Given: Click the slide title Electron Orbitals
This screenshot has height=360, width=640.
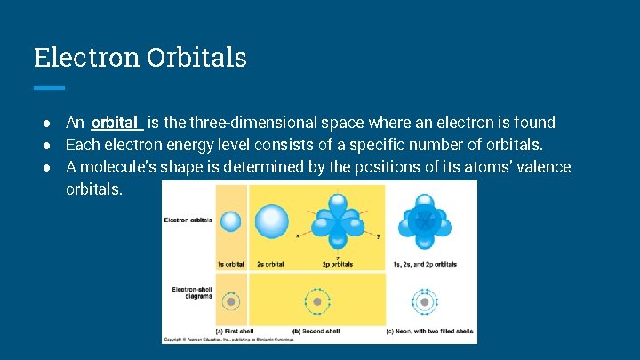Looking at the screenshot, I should pyautogui.click(x=140, y=58).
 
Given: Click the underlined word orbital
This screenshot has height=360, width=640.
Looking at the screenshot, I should pyautogui.click(x=115, y=123).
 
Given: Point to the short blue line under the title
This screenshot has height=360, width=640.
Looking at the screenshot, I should pyautogui.click(x=49, y=87).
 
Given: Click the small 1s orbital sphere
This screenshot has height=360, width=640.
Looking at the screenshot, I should pyautogui.click(x=231, y=221).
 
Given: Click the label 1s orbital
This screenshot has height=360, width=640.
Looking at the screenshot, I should pyautogui.click(x=232, y=265).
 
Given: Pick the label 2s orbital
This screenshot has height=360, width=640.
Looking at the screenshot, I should pyautogui.click(x=272, y=265).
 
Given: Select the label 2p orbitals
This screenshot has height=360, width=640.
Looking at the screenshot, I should pyautogui.click(x=335, y=265).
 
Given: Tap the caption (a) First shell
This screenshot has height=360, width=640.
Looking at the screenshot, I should pyautogui.click(x=236, y=331).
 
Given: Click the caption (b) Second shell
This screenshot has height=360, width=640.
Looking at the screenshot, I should pyautogui.click(x=324, y=331).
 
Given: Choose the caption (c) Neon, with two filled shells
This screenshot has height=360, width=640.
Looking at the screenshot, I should pyautogui.click(x=428, y=331).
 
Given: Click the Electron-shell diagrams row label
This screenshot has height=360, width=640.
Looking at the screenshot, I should pyautogui.click(x=188, y=293).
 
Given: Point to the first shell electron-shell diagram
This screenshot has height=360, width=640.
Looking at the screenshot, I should pyautogui.click(x=231, y=302).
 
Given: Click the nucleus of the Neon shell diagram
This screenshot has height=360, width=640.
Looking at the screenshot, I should pyautogui.click(x=425, y=302).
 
